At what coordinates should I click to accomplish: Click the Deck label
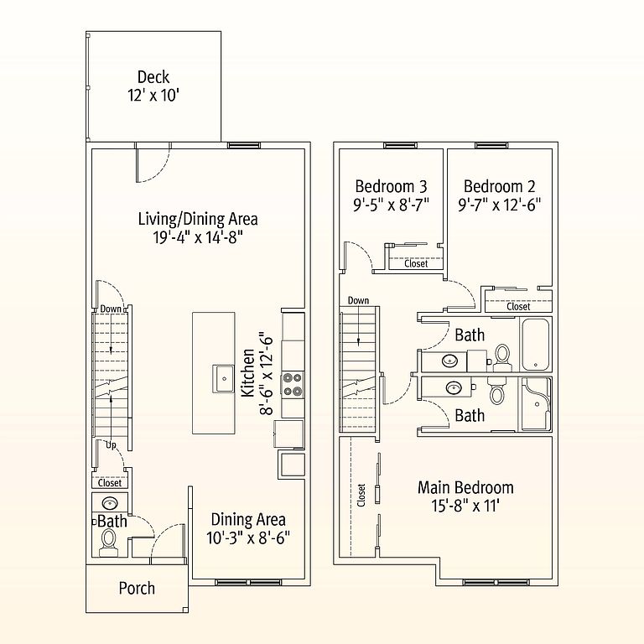click(x=153, y=77)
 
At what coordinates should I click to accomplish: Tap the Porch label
click(x=137, y=588)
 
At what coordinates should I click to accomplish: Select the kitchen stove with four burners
click(x=293, y=384)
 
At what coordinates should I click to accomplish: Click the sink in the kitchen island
click(x=223, y=378)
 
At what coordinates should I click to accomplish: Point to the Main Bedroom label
click(x=465, y=487)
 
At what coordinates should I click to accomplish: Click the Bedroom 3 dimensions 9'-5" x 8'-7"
click(x=391, y=204)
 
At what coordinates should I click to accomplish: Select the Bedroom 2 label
click(x=500, y=186)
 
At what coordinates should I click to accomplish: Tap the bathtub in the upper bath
click(x=535, y=345)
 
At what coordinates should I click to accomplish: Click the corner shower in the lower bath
click(x=536, y=403)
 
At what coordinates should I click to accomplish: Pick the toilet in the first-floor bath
click(x=109, y=541)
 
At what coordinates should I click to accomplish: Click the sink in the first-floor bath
click(x=110, y=502)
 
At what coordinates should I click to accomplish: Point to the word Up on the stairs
click(x=111, y=444)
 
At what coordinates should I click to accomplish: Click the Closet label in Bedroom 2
click(x=518, y=306)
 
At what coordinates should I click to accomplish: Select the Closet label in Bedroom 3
click(x=416, y=263)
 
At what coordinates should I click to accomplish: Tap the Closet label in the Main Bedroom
click(x=361, y=496)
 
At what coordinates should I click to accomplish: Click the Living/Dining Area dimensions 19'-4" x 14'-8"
click(x=198, y=237)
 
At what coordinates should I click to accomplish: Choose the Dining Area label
click(x=248, y=520)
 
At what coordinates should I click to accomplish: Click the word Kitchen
click(x=247, y=373)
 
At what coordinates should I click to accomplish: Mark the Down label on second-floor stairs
click(x=358, y=300)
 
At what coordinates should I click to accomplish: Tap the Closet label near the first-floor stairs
click(x=110, y=483)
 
